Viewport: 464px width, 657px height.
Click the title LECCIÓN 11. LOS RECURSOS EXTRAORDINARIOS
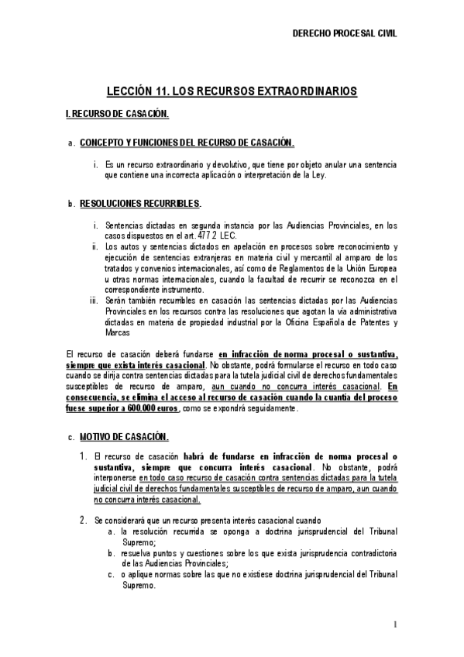click(x=232, y=91)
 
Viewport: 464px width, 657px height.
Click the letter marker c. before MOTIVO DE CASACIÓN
click(x=71, y=439)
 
